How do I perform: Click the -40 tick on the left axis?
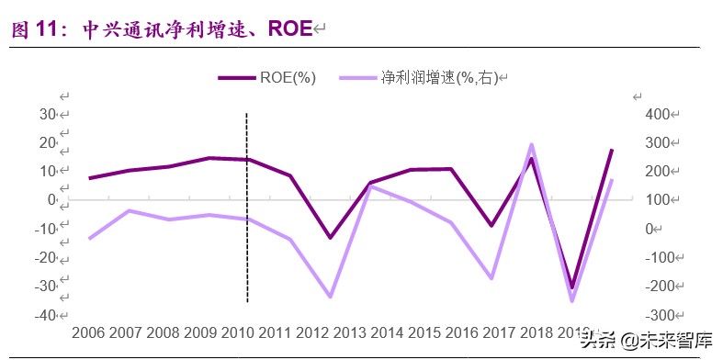44,314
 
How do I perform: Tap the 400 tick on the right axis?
660,114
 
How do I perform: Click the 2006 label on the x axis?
88,332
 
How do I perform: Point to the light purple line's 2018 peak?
531,144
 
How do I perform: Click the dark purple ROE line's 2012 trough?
329,238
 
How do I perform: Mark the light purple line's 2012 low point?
329,297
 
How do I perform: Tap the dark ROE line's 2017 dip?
491,225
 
